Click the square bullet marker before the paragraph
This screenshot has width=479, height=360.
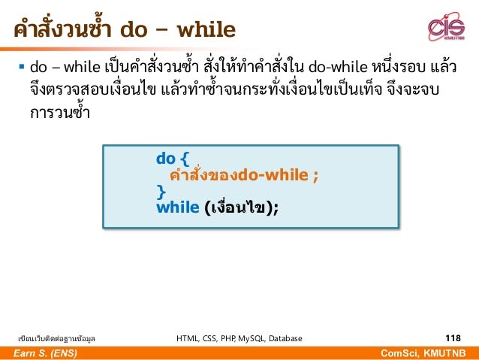[20, 70]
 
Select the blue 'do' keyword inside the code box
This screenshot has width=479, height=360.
[165, 159]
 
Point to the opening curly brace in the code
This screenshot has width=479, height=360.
[184, 159]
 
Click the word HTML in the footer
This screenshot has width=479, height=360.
[188, 339]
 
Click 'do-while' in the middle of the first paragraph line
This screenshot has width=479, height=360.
[339, 69]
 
